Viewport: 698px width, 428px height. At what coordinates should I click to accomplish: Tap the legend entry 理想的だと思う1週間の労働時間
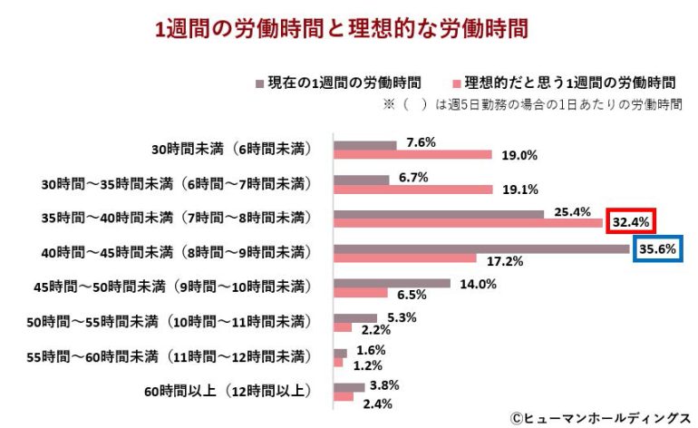pyautogui.click(x=557, y=83)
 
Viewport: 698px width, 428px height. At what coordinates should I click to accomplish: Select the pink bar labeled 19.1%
pyautogui.click(x=412, y=190)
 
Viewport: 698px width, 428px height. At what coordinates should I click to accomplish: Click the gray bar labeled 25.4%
pyautogui.click(x=439, y=214)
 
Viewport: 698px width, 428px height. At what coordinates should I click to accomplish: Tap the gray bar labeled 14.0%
pyautogui.click(x=392, y=283)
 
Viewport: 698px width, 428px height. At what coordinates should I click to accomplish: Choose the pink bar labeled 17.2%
pyautogui.click(x=404, y=258)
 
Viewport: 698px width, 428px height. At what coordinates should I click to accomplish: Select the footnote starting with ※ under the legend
pyautogui.click(x=533, y=104)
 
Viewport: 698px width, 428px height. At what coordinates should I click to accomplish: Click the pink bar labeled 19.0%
pyautogui.click(x=412, y=155)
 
